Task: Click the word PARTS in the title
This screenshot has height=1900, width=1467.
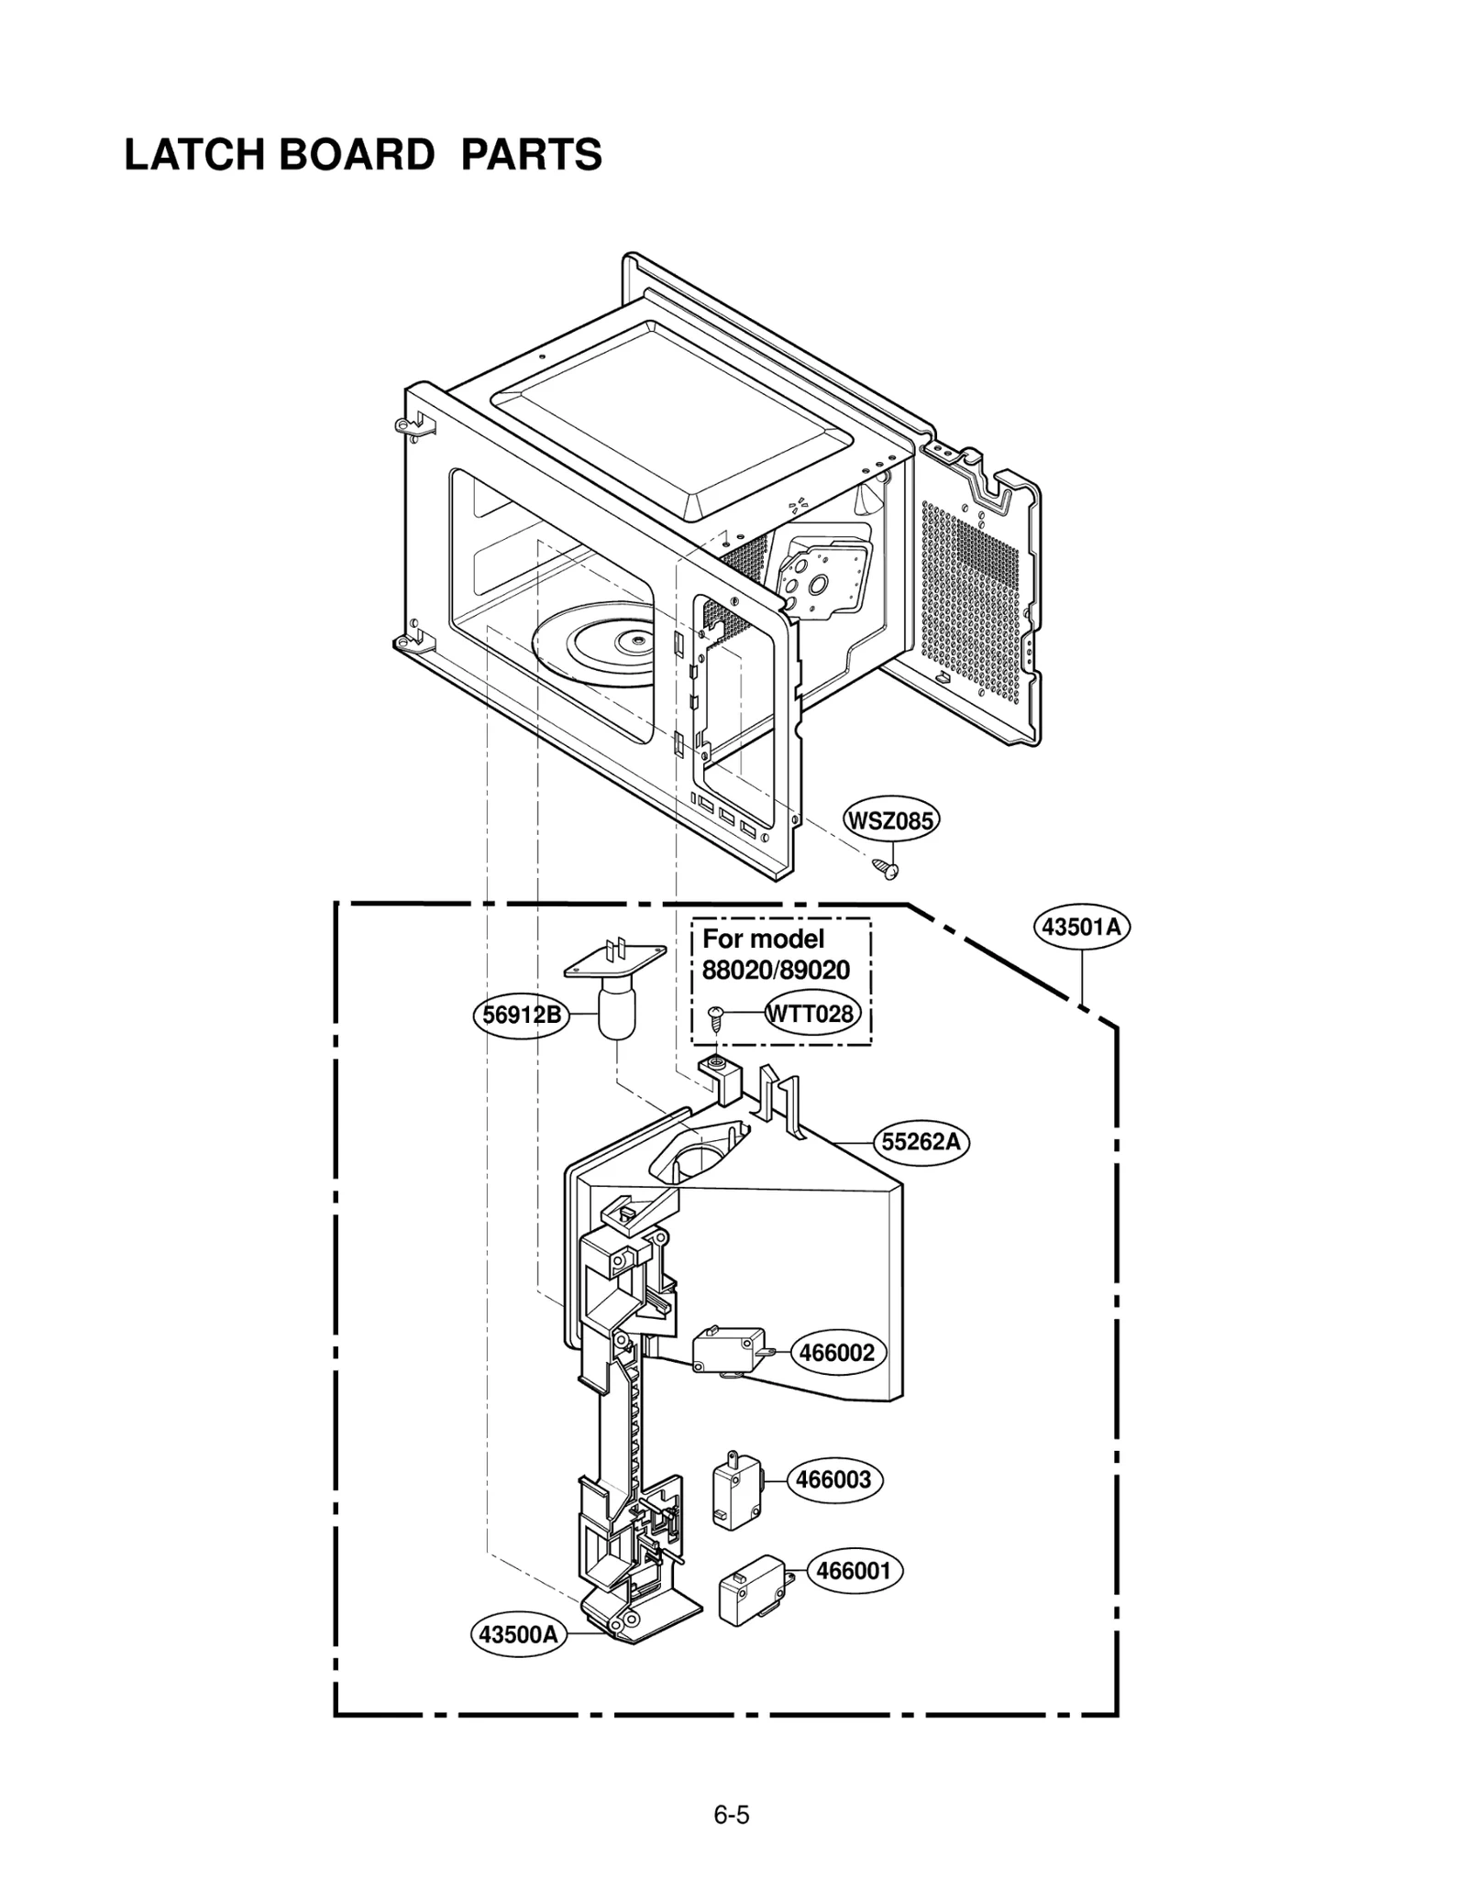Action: tap(531, 155)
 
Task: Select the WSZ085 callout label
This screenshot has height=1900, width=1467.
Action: tap(891, 820)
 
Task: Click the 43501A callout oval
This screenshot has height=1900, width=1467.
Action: tap(1083, 927)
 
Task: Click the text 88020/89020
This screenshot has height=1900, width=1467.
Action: tap(776, 971)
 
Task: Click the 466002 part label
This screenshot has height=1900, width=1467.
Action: tap(836, 1353)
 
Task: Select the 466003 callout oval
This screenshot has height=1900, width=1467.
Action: tap(833, 1479)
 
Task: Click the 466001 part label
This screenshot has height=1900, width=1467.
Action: tap(854, 1571)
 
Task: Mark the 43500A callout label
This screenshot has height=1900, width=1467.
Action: tap(518, 1635)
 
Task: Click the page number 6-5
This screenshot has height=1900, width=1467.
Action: tap(732, 1815)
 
